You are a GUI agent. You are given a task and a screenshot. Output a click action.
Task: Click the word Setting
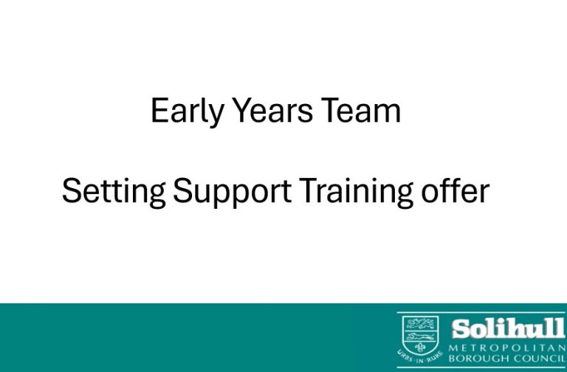click(x=114, y=193)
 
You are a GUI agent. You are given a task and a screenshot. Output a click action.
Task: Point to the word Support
click(x=232, y=193)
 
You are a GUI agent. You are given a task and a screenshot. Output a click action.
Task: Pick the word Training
click(x=356, y=193)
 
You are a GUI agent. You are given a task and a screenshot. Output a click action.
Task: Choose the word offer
click(x=455, y=191)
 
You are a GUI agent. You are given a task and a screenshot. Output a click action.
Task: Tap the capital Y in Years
click(x=242, y=111)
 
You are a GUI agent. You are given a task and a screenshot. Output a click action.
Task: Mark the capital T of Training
click(x=309, y=191)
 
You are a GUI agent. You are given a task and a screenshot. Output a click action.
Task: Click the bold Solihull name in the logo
click(x=508, y=329)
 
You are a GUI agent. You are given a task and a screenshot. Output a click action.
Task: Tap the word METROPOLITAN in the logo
click(x=507, y=348)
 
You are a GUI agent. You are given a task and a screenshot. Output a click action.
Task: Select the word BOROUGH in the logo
click(x=475, y=359)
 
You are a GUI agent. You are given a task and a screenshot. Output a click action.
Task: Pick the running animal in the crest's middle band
click(x=421, y=337)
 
